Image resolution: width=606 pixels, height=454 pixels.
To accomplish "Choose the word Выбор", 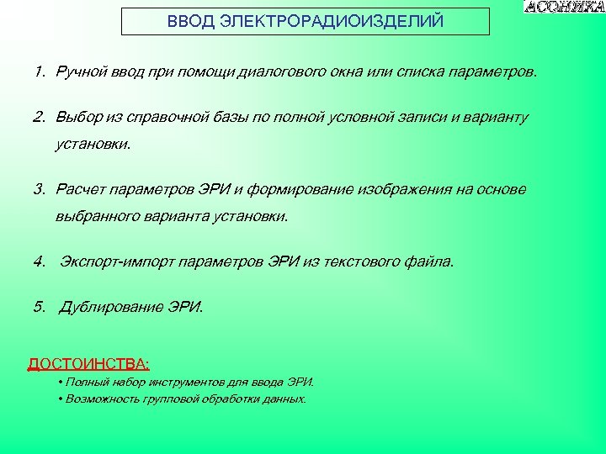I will point(77,116).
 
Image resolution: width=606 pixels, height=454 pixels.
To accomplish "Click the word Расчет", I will point(79,189).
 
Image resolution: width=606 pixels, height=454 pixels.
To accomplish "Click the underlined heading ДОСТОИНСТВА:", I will point(89,364).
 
